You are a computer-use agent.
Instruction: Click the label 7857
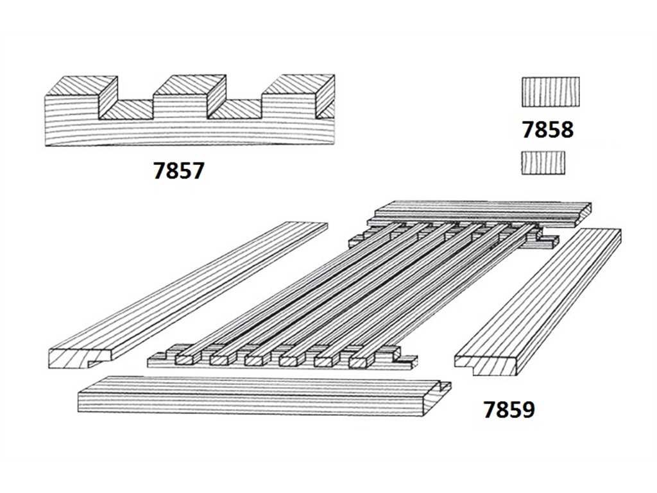[x=178, y=171]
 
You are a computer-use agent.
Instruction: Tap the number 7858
[x=548, y=130]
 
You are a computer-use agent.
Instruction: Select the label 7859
[x=509, y=410]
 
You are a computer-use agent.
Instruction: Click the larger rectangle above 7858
[x=551, y=91]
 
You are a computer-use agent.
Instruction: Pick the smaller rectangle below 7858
[x=543, y=163]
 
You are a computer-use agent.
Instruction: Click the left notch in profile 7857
[x=126, y=109]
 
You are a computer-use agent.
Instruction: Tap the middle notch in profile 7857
[x=235, y=109]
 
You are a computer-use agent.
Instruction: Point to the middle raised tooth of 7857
[x=190, y=97]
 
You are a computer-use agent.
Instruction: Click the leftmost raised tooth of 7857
[x=81, y=97]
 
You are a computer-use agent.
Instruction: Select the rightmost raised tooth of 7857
[x=298, y=97]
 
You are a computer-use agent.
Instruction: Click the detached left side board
[x=188, y=295]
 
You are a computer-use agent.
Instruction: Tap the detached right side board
[x=538, y=302]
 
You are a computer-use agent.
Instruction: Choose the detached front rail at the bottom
[x=264, y=395]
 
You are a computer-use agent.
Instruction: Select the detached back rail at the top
[x=479, y=214]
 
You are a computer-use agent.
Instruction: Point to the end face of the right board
[x=486, y=365]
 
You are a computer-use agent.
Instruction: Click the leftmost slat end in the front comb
[x=184, y=359]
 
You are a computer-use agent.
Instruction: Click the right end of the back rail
[x=583, y=211]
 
